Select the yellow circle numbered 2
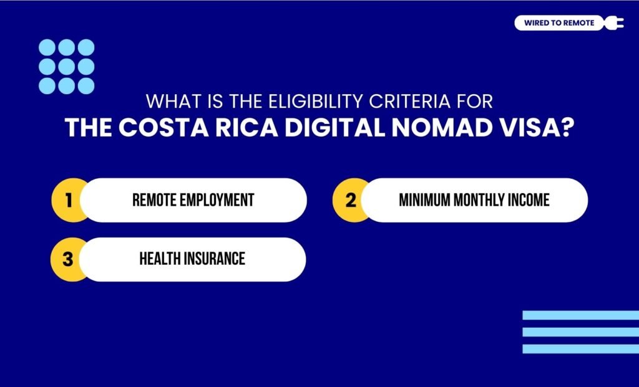pyautogui.click(x=351, y=200)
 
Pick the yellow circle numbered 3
pyautogui.click(x=68, y=259)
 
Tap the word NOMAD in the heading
pyautogui.click(x=445, y=127)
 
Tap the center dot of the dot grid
pyautogui.click(x=67, y=67)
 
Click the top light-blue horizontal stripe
pyautogui.click(x=580, y=315)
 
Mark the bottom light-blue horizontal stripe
pyautogui.click(x=580, y=349)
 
